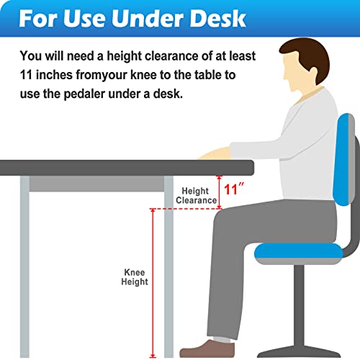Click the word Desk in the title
point(217,19)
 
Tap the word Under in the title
point(147,19)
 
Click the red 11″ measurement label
point(234,189)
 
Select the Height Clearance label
point(196,196)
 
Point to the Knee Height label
point(135,277)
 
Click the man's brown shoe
point(207,348)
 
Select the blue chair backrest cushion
point(343,160)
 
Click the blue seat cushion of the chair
point(299,251)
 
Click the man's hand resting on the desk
point(215,153)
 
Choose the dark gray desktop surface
point(127,168)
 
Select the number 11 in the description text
point(26,75)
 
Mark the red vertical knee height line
point(153,283)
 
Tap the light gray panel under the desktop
point(96,184)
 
